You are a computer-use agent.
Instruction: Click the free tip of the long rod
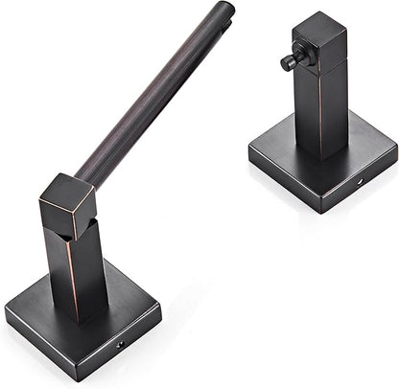pos(226,9)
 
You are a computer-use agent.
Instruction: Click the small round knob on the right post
pos(287,64)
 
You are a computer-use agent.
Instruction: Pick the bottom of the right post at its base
pos(320,153)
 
